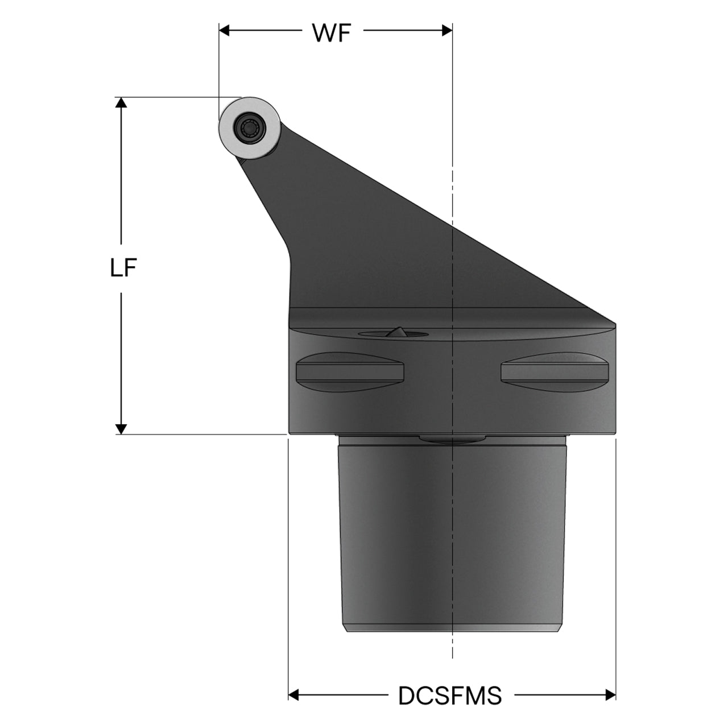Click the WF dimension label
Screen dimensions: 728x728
332,33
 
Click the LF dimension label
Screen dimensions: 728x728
123,268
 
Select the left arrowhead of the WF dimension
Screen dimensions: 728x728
224,30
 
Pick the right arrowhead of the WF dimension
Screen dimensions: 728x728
447,30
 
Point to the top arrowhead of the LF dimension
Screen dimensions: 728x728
121,102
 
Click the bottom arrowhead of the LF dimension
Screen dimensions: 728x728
121,429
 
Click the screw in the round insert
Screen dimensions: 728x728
249,129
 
